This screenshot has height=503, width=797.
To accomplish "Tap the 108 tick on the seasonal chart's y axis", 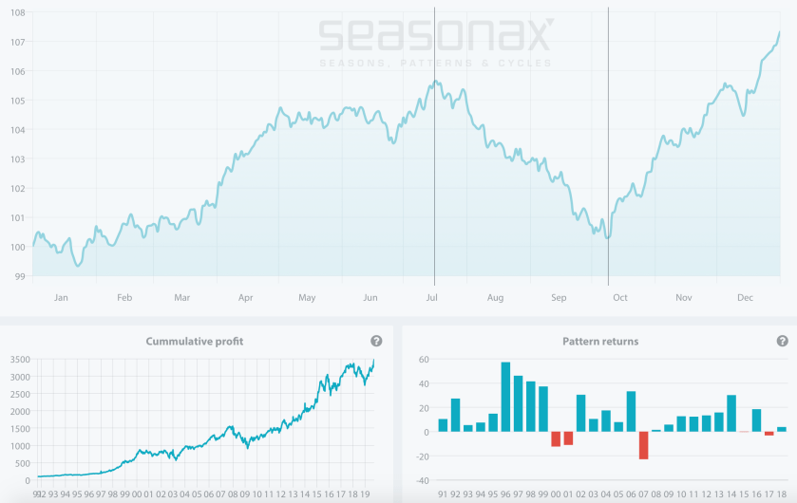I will [16, 12].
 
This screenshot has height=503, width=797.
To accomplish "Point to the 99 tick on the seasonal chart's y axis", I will [19, 276].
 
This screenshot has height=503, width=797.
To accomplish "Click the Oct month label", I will [620, 298].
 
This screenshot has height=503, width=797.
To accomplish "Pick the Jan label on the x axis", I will [61, 298].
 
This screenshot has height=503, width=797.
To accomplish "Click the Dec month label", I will [746, 298].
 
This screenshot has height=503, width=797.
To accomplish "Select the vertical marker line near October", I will [608, 142].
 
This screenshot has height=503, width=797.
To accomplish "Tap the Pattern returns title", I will [600, 341].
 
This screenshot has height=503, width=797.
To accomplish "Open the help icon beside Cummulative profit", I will [376, 341].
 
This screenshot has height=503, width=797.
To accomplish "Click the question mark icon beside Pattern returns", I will [782, 341].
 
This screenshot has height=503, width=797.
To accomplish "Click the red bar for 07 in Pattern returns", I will [643, 445].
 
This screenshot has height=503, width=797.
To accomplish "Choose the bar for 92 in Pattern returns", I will [456, 415].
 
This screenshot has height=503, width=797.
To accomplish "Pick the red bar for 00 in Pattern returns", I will [556, 438].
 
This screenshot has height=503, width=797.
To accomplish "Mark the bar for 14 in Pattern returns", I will [731, 413].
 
